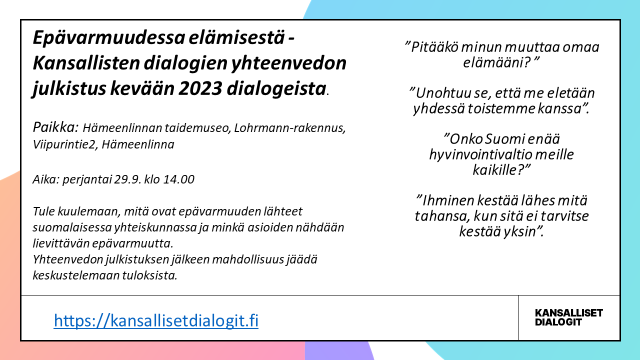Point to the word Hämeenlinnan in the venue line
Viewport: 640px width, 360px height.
click(x=128, y=128)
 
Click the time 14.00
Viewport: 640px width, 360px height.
click(x=177, y=179)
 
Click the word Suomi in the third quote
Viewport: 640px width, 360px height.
click(x=505, y=139)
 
